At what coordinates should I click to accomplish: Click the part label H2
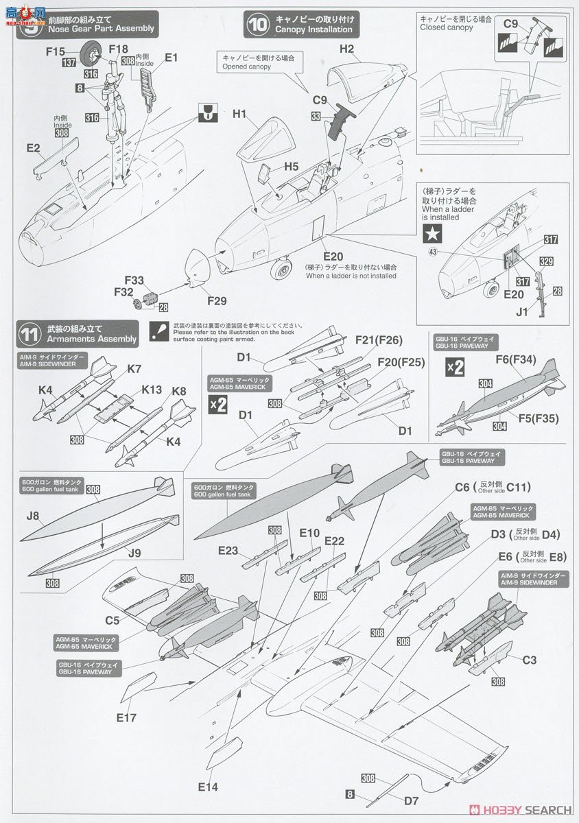coord(346,49)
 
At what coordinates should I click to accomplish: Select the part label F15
coord(56,51)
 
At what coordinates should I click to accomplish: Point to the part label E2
coord(33,147)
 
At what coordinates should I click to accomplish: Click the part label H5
coord(292,166)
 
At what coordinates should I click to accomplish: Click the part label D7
coord(411,800)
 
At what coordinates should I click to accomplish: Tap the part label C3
coord(529,660)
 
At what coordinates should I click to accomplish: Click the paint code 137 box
coord(69,62)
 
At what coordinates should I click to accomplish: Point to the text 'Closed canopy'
coord(447,27)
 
